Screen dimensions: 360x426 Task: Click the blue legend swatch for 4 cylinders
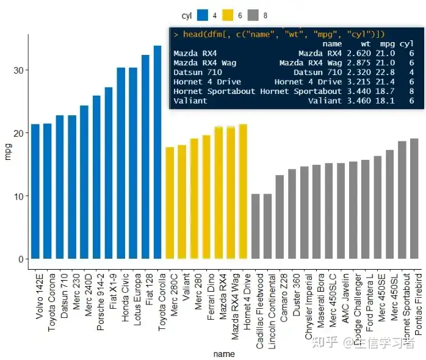point(203,15)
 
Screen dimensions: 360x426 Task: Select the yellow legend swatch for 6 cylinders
point(229,15)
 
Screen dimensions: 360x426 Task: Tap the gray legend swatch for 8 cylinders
point(255,15)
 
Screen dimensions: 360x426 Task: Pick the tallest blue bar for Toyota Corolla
point(157,152)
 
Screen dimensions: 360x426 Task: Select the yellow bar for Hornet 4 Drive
point(243,192)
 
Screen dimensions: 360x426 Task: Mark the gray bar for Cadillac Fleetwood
point(256,226)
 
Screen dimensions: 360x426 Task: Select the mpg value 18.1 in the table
point(388,100)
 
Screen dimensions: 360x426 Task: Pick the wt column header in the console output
point(365,44)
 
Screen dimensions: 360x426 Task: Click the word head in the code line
point(192,34)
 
